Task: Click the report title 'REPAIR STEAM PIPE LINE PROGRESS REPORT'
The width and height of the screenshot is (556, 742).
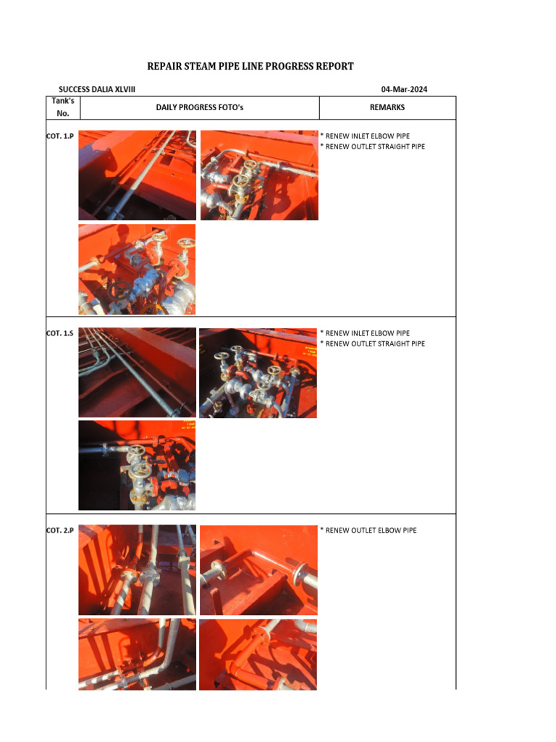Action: click(x=250, y=66)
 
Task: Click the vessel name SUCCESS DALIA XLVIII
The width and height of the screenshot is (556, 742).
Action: click(x=97, y=90)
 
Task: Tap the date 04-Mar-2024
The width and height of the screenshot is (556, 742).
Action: click(x=404, y=90)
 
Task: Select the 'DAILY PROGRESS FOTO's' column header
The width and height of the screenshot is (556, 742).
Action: click(x=200, y=107)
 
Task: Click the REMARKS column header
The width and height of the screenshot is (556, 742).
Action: click(x=387, y=107)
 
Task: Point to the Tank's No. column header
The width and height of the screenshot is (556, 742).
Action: click(x=63, y=107)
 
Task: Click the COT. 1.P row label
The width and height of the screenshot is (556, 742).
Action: click(x=60, y=136)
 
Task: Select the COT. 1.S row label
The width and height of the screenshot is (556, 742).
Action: click(x=60, y=333)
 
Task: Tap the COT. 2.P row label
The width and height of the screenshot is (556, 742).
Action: click(x=60, y=530)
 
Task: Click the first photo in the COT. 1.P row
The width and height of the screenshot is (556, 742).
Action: click(x=137, y=175)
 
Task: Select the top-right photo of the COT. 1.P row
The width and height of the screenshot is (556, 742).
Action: click(x=258, y=175)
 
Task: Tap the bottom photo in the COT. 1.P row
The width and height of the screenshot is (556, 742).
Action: click(x=137, y=269)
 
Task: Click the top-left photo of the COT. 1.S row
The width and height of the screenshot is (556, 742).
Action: click(x=137, y=372)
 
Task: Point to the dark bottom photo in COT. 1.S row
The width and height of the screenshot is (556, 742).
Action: click(x=137, y=465)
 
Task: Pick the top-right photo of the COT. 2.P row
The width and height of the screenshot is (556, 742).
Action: click(x=258, y=570)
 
